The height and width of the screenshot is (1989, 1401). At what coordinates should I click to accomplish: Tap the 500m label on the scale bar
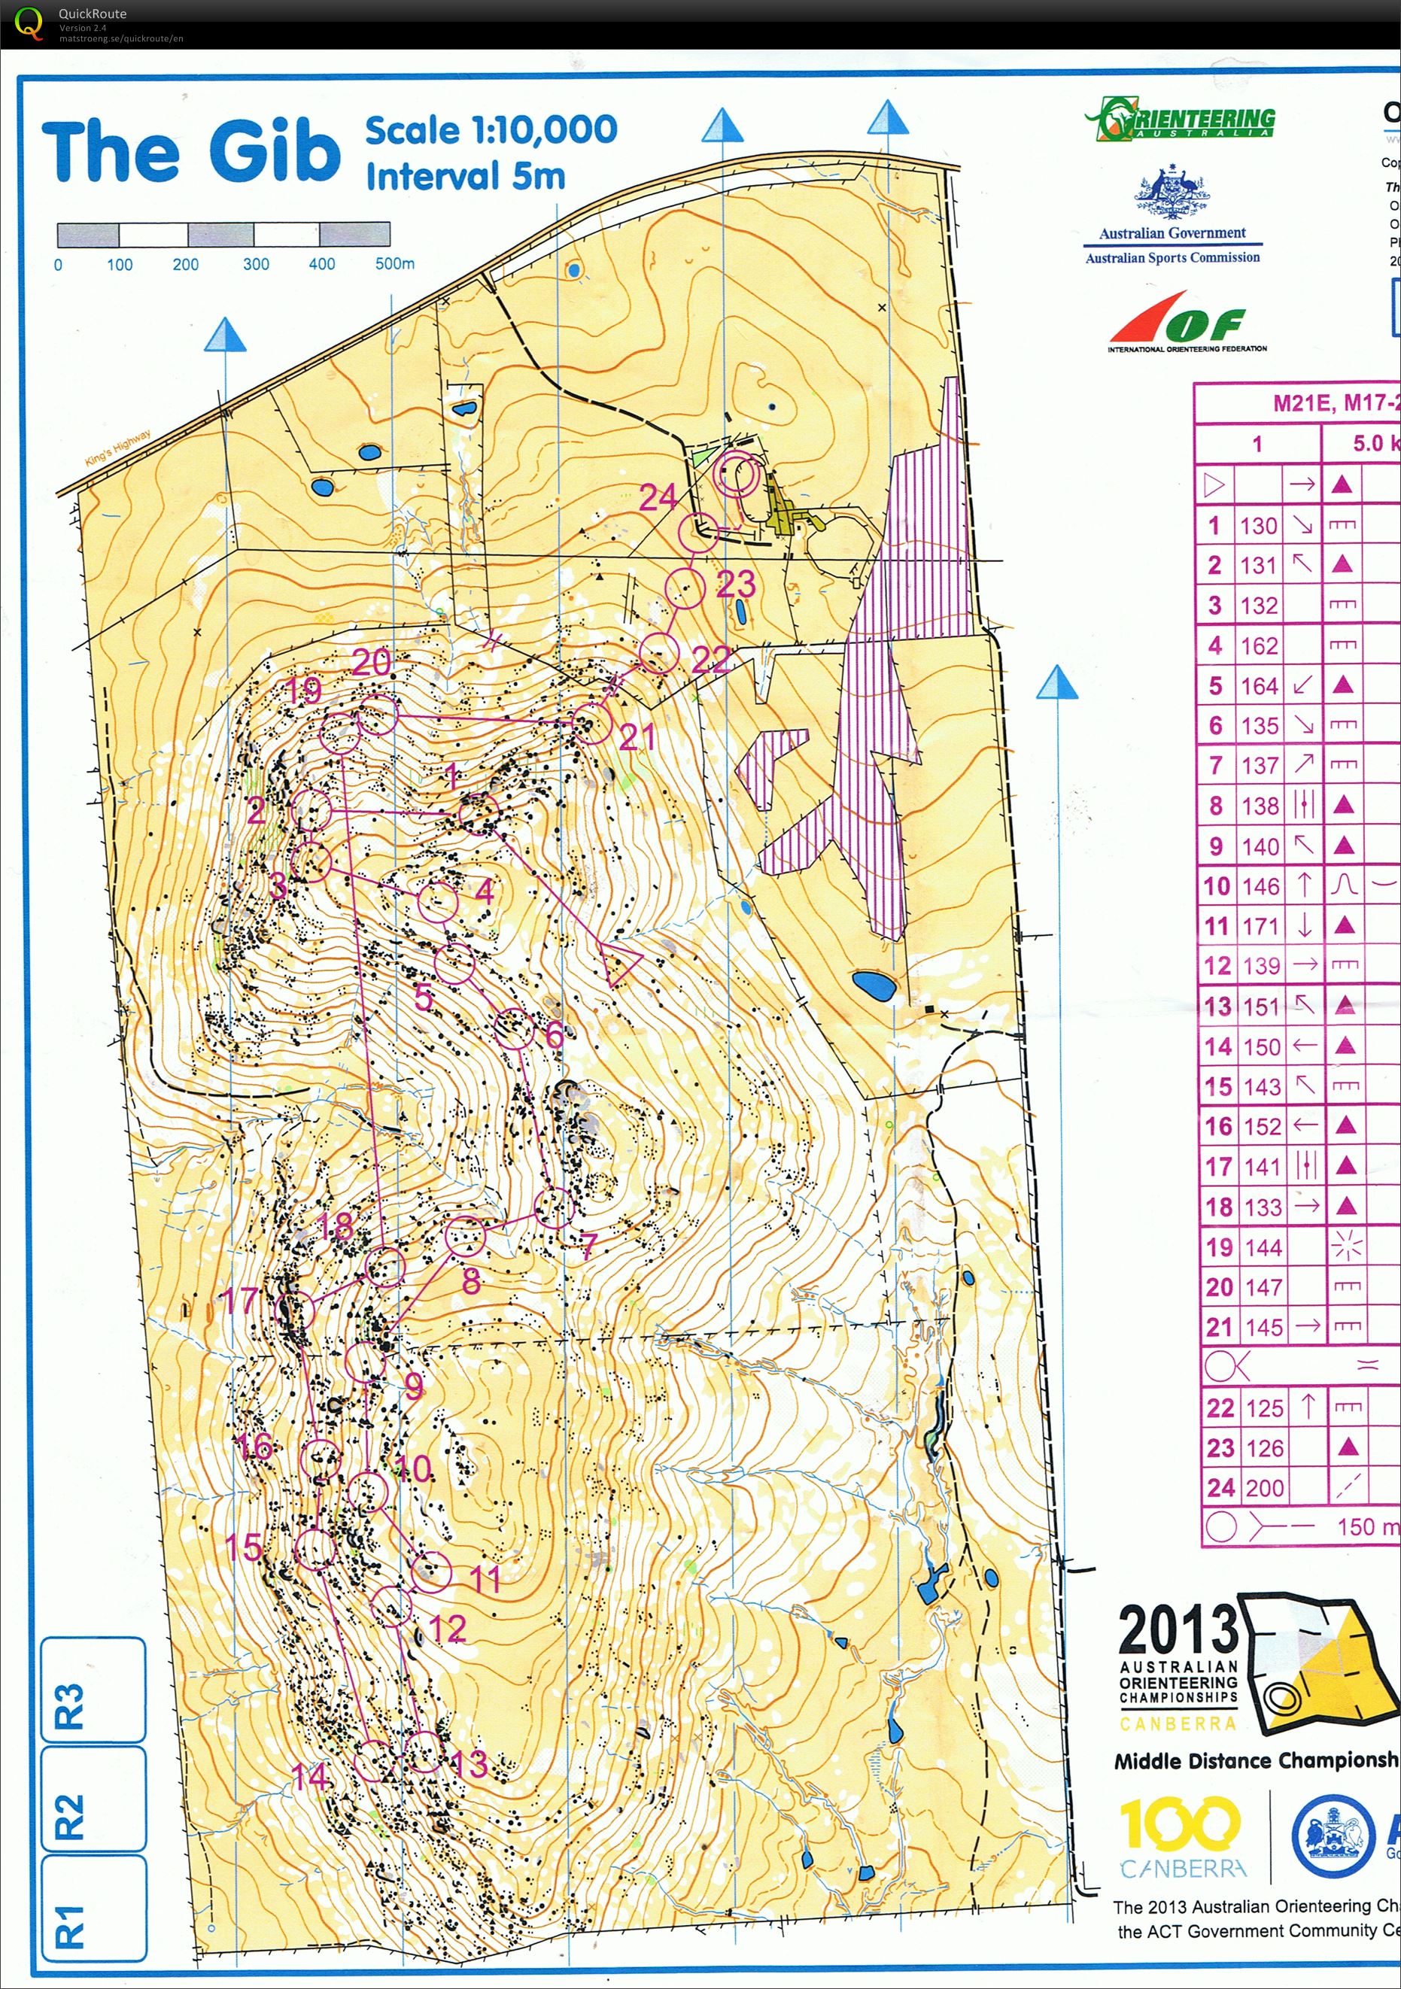pyautogui.click(x=394, y=263)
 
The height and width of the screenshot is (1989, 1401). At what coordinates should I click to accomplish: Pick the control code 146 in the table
pyautogui.click(x=1260, y=886)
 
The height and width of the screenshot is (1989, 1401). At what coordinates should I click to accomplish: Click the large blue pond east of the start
pyautogui.click(x=874, y=985)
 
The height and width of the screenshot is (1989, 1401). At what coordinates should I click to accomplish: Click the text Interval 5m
pyautogui.click(x=465, y=176)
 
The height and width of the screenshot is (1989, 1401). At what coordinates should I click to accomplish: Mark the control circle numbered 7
pyautogui.click(x=554, y=1207)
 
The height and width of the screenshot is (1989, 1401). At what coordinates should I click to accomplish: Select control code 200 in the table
pyautogui.click(x=1264, y=1488)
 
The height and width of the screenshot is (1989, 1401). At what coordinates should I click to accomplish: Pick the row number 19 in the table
pyautogui.click(x=1218, y=1247)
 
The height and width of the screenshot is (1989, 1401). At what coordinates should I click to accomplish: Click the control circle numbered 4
pyautogui.click(x=439, y=902)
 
